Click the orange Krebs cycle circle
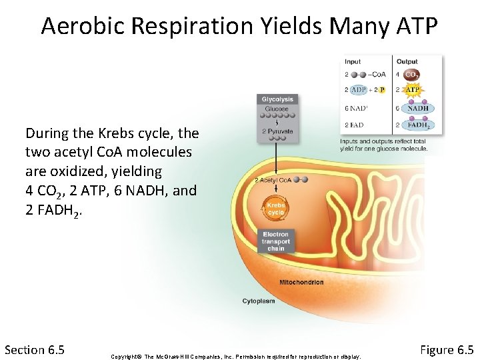coord(276,209)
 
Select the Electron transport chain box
coord(276,241)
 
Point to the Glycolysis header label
coord(277,99)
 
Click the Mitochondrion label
coord(301,282)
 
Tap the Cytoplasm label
coord(259,301)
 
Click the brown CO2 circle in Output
coord(412,75)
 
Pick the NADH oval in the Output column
coord(418,108)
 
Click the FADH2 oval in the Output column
coord(418,125)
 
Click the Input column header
coord(353,62)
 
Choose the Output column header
coord(407,62)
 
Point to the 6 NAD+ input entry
coord(356,108)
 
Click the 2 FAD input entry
coord(355,125)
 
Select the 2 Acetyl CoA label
coord(273,180)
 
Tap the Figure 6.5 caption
coord(447,349)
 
